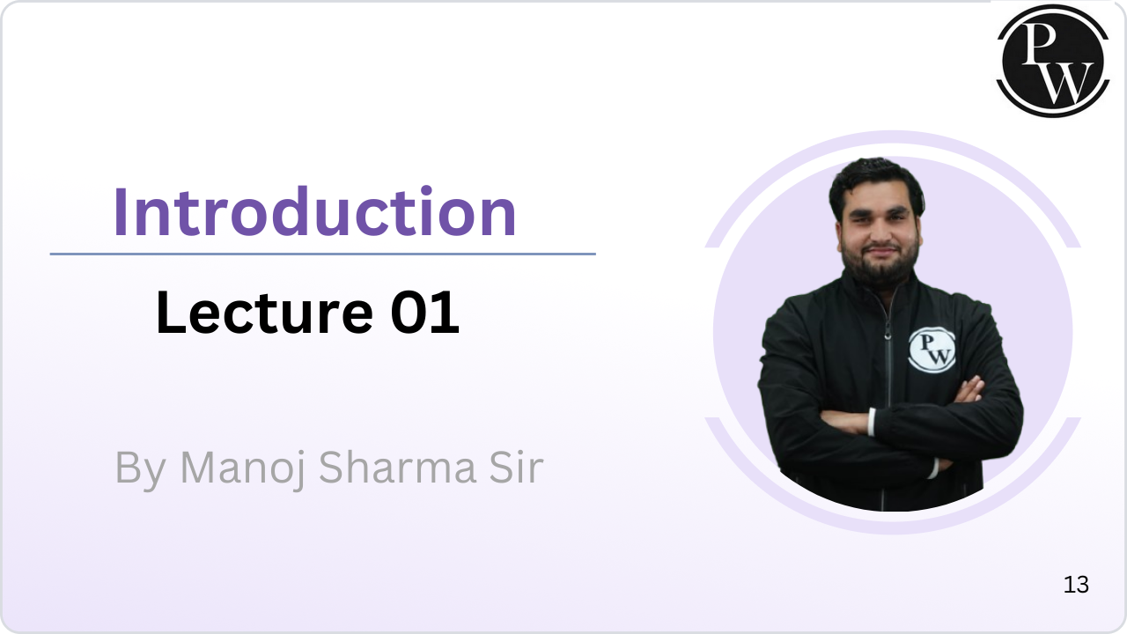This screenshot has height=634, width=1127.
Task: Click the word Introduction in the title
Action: click(x=314, y=212)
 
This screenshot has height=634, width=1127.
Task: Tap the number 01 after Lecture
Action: click(x=425, y=313)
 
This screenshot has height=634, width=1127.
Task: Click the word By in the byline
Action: click(x=140, y=468)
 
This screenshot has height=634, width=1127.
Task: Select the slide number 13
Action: click(x=1076, y=585)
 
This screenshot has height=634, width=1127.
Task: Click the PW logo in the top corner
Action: click(x=1053, y=60)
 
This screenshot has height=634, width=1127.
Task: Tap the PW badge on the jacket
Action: click(x=931, y=350)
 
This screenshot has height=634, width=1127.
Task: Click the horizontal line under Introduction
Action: click(x=322, y=254)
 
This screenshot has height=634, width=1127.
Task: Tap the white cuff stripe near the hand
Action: click(x=871, y=422)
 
